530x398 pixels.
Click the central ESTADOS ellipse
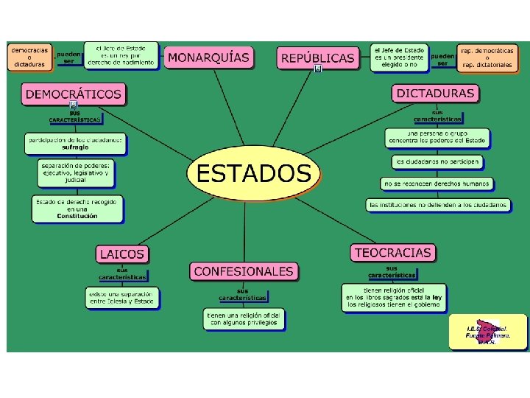[x=254, y=175]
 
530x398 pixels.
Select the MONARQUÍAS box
[x=208, y=57]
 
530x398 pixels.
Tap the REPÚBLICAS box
[x=318, y=57]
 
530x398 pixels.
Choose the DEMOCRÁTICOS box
[x=74, y=94]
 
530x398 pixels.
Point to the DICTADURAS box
[x=436, y=94]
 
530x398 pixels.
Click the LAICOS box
[x=122, y=254]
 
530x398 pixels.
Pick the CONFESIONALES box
[x=244, y=271]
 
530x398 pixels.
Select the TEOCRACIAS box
[x=392, y=253]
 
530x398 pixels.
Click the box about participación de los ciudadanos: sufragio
[x=75, y=143]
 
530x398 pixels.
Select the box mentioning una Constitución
[x=77, y=208]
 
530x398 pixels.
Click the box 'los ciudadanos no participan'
[x=437, y=161]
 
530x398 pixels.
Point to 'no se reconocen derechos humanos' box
[x=437, y=183]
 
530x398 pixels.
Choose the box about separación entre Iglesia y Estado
[x=121, y=297]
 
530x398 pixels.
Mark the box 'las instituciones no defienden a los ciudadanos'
[x=439, y=204]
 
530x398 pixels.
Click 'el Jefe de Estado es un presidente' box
[x=398, y=57]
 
